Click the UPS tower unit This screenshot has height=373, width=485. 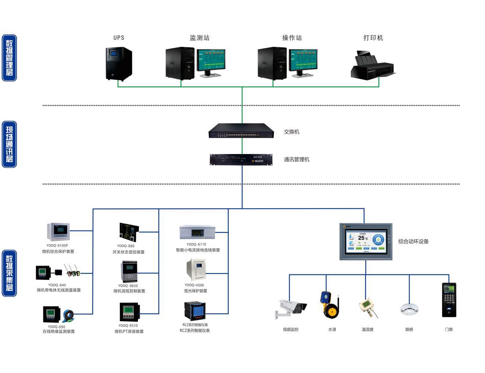[119, 64]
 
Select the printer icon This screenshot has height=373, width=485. [373, 66]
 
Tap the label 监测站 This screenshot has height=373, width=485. [200, 38]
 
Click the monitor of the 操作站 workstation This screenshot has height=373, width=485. [303, 61]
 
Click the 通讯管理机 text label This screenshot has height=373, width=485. [296, 160]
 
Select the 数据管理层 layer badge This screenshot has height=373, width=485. [9, 58]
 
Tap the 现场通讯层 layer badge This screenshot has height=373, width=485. [9, 144]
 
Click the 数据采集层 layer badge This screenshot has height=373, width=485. [9, 273]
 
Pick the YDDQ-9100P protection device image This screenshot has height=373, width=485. [58, 232]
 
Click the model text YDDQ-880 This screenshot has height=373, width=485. [126, 246]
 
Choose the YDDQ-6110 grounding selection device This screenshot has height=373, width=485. [197, 232]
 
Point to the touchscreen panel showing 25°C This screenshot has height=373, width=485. [366, 242]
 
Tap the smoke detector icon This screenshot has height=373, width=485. [409, 309]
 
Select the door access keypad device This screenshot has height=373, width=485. [449, 300]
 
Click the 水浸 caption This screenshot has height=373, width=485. [332, 329]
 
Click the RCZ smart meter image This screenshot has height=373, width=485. [195, 311]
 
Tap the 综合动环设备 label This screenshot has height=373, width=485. [413, 242]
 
